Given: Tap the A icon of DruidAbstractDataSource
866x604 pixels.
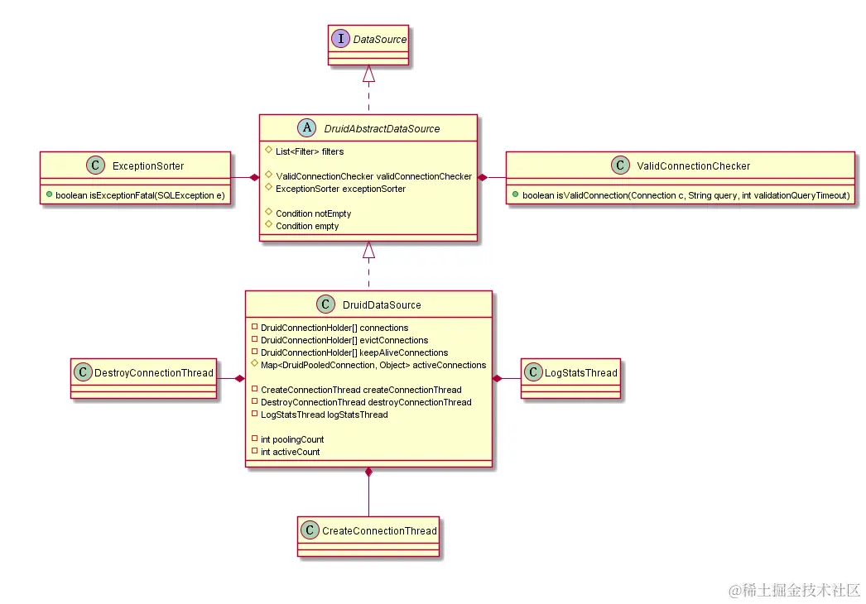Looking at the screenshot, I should pyautogui.click(x=307, y=128).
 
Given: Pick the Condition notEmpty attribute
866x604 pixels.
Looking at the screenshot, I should pyautogui.click(x=313, y=213).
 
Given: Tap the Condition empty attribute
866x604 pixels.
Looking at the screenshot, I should pyautogui.click(x=307, y=226).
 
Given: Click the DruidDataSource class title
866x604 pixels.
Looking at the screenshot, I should pyautogui.click(x=382, y=304).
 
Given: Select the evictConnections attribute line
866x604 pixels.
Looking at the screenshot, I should pyautogui.click(x=344, y=340).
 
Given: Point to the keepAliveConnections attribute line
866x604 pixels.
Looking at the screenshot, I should pyautogui.click(x=354, y=352).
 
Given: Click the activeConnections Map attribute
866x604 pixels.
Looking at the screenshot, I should pyautogui.click(x=373, y=365).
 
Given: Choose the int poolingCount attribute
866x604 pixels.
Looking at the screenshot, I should pyautogui.click(x=292, y=439).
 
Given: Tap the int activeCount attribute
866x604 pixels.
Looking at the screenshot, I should pyautogui.click(x=290, y=452).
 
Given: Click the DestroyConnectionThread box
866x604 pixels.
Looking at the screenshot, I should pyautogui.click(x=144, y=373).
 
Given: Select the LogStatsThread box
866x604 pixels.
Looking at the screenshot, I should pyautogui.click(x=570, y=373).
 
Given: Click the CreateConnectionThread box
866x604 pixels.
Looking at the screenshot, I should pyautogui.click(x=368, y=530).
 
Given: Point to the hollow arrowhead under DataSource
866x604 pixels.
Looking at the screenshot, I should pyautogui.click(x=369, y=74).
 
